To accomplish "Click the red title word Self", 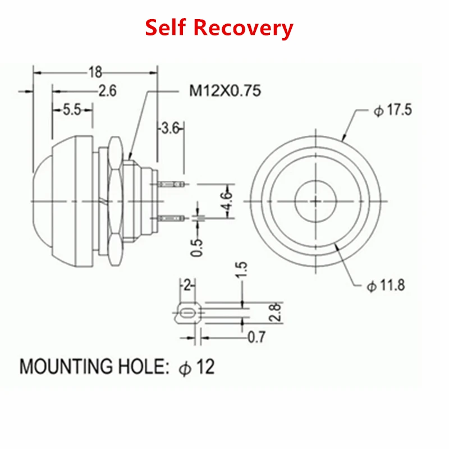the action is (166, 27).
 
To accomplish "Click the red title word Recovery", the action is (244, 29).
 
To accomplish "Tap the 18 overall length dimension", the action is (95, 72).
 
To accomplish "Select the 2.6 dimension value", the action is (108, 91).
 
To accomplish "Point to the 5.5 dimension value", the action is (72, 109).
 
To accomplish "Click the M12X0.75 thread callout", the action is (226, 91).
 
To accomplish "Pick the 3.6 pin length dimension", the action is (170, 128).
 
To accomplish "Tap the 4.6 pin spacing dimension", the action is (228, 201).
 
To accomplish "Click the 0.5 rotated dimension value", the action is (197, 248).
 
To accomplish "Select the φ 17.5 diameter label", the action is (392, 110).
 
